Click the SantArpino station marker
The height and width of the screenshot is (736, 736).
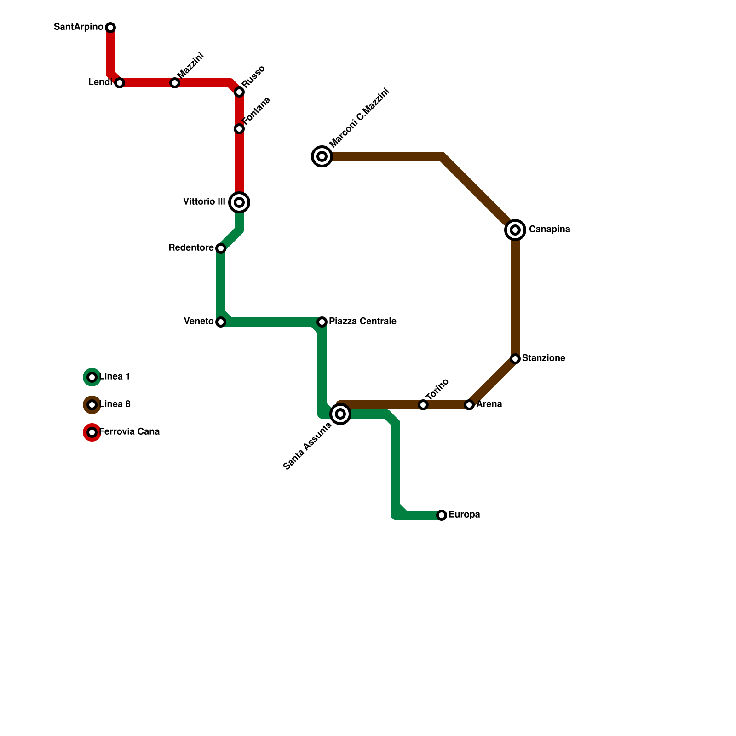(x=110, y=28)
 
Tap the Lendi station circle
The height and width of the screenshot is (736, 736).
(x=120, y=83)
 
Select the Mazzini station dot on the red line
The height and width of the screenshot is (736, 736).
(x=175, y=83)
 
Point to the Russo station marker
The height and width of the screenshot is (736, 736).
(x=239, y=92)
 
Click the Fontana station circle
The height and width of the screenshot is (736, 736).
(x=239, y=129)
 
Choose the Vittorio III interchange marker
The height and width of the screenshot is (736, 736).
(x=239, y=202)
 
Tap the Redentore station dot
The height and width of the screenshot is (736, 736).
(x=221, y=248)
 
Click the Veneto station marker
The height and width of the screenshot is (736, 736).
(x=221, y=322)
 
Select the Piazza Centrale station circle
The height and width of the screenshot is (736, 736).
(x=322, y=322)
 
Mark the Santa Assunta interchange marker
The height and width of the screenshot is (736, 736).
(x=340, y=414)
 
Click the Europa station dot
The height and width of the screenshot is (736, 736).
(x=442, y=515)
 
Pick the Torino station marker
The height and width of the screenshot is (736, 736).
(x=423, y=405)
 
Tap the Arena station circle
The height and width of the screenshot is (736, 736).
(x=469, y=405)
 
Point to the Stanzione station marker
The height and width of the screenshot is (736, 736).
(x=515, y=359)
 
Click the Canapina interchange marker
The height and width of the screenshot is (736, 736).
(x=515, y=230)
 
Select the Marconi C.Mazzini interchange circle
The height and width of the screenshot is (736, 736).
(x=322, y=156)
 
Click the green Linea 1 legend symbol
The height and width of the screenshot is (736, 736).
(x=92, y=377)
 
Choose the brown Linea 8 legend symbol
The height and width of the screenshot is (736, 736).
(x=92, y=405)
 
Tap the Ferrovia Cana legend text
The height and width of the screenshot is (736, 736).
(x=130, y=432)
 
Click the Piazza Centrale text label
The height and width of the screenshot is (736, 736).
(x=362, y=322)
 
